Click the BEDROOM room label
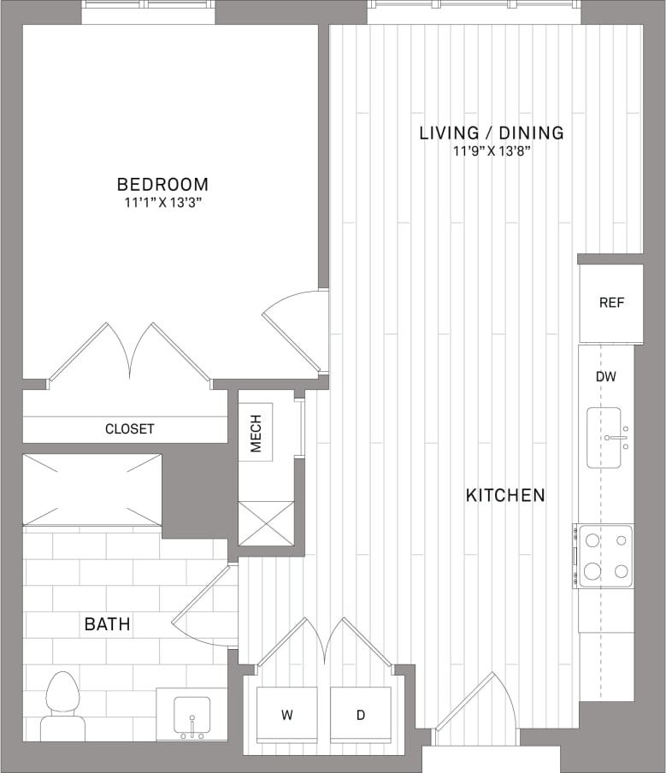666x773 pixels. pyautogui.click(x=162, y=184)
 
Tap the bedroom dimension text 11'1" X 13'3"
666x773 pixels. pyautogui.click(x=162, y=203)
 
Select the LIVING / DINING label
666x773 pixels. pyautogui.click(x=492, y=133)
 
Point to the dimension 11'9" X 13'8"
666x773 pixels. pyautogui.click(x=492, y=151)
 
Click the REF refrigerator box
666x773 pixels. pyautogui.click(x=610, y=303)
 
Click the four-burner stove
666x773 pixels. pyautogui.click(x=604, y=556)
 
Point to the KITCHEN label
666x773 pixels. pyautogui.click(x=505, y=495)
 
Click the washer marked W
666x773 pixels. pyautogui.click(x=287, y=714)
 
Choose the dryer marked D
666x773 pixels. pyautogui.click(x=360, y=714)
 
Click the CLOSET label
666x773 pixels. pyautogui.click(x=130, y=428)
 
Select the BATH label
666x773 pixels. pyautogui.click(x=108, y=624)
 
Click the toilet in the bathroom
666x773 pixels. pyautogui.click(x=62, y=705)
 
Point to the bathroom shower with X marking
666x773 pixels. pyautogui.click(x=92, y=490)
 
